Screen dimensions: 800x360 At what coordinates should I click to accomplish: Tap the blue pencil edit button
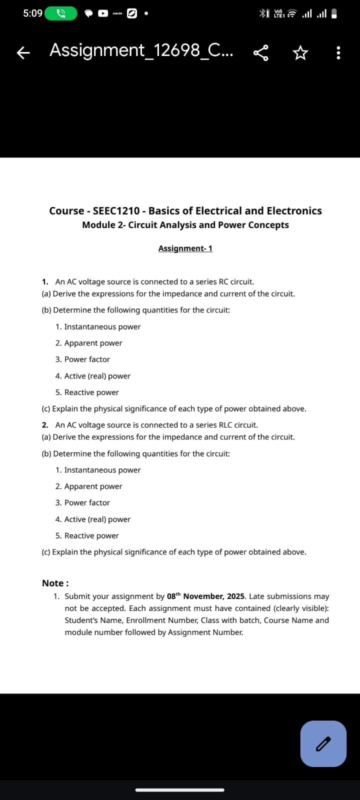coord(323,743)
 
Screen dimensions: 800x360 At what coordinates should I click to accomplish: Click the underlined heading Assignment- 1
coord(185,248)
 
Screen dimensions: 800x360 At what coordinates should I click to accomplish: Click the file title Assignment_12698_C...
coord(140,50)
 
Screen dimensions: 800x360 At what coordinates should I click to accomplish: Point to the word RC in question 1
coord(223,282)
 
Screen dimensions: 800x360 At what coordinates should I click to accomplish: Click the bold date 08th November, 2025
coord(205,596)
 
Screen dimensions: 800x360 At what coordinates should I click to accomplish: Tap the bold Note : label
coord(55,583)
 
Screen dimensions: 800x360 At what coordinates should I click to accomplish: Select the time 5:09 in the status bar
coord(32,13)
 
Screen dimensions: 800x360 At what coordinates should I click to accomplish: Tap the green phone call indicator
coord(61,13)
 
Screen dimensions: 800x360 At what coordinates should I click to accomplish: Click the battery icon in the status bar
coord(334,13)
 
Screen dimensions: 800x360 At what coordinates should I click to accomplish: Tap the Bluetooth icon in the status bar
coord(263,13)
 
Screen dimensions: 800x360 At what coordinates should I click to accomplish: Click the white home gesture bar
coord(180,790)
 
